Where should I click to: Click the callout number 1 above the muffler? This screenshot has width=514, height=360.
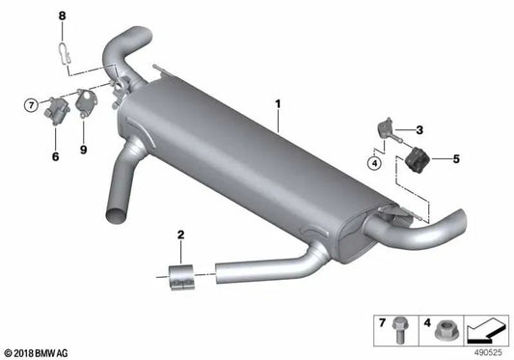click(x=278, y=101)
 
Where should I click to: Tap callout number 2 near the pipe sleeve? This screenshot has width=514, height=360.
click(x=179, y=234)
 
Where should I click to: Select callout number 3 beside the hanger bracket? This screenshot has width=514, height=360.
click(x=419, y=129)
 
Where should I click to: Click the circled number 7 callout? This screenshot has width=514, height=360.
click(x=31, y=103)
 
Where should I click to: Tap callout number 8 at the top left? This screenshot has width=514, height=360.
click(x=63, y=15)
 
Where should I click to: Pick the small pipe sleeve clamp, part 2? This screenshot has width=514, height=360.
click(x=180, y=276)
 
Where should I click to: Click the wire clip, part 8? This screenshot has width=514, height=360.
click(x=64, y=50)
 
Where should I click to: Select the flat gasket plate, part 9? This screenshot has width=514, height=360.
click(x=87, y=103)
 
